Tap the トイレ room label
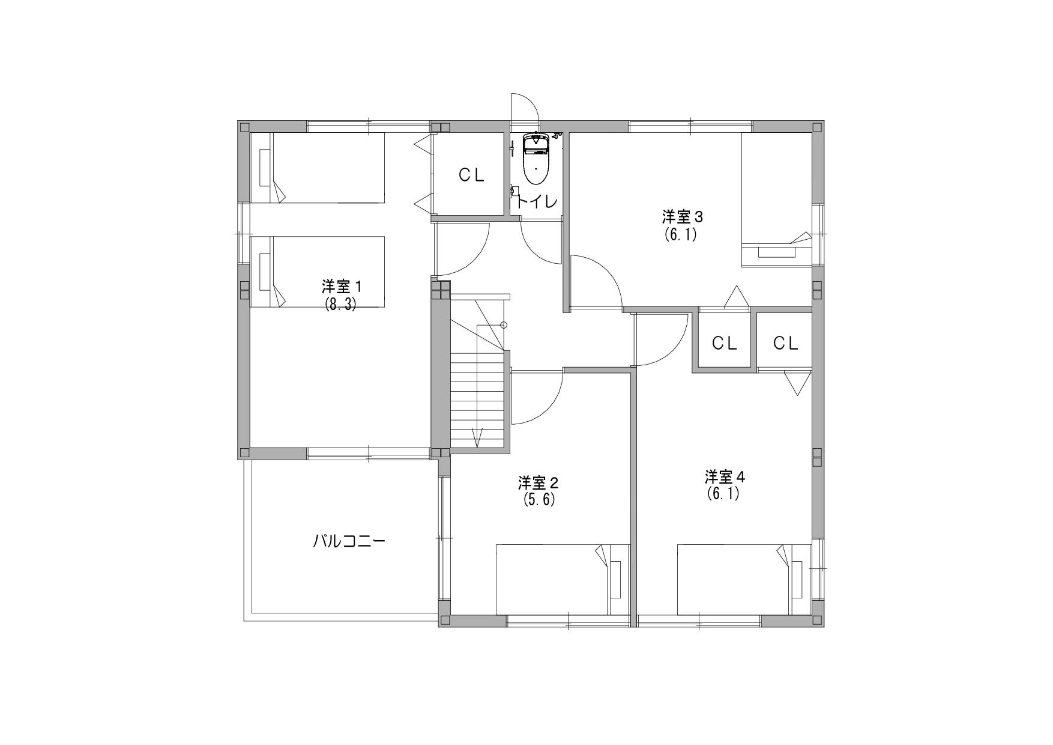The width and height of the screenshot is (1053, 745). pyautogui.click(x=536, y=202)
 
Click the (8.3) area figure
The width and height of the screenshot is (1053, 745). pyautogui.click(x=341, y=305)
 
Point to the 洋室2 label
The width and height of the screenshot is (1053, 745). pyautogui.click(x=539, y=482)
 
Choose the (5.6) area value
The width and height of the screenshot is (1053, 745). pyautogui.click(x=539, y=499)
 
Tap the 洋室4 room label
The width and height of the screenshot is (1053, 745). pyautogui.click(x=725, y=478)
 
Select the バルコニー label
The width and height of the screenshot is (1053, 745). pyautogui.click(x=349, y=541)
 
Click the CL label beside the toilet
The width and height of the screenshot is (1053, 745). pyautogui.click(x=472, y=175)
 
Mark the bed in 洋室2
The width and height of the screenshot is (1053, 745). pyautogui.click(x=563, y=580)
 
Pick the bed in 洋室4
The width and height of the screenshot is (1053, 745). pyautogui.click(x=744, y=580)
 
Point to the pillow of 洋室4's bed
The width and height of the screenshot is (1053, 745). pyautogui.click(x=797, y=580)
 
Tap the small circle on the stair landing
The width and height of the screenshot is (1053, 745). pyautogui.click(x=504, y=325)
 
